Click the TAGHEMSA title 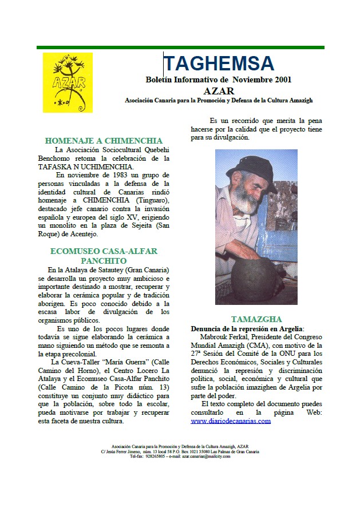pos(219,63)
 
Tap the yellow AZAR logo pos(68,82)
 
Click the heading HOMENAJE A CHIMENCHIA pos(104,141)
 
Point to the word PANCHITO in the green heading pos(104,260)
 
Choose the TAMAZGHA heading pos(256,319)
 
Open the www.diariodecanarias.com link pos(231,421)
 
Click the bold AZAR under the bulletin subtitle pos(219,90)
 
